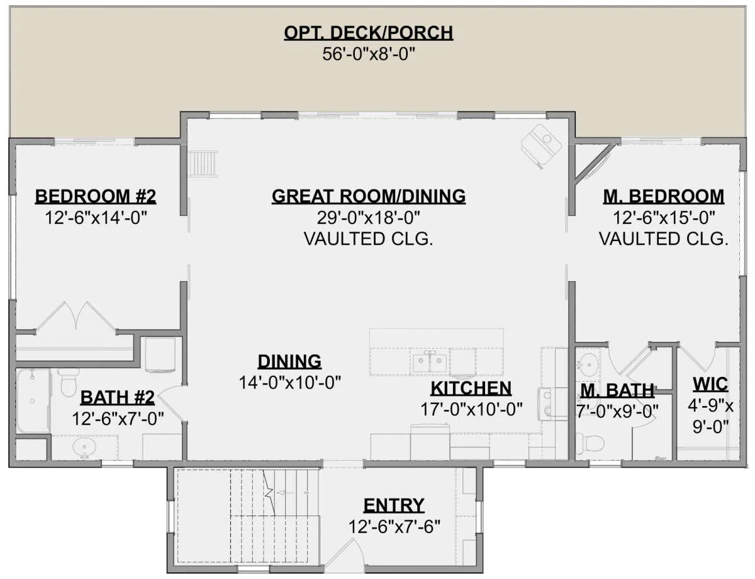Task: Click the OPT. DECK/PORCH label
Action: click(x=368, y=33)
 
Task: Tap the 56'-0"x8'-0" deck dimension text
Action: click(x=369, y=54)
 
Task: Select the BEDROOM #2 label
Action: click(x=96, y=196)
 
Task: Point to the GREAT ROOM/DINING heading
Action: click(x=369, y=196)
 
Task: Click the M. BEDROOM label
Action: click(x=664, y=196)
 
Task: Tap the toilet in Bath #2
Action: click(x=68, y=381)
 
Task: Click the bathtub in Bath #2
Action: click(x=33, y=401)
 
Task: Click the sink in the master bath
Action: click(x=588, y=364)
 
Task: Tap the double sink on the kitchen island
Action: click(x=430, y=363)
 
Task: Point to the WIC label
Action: click(x=710, y=385)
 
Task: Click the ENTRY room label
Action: click(x=394, y=505)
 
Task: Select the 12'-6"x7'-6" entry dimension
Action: click(x=394, y=527)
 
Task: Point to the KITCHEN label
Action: click(x=471, y=388)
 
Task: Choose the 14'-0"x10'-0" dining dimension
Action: click(x=290, y=383)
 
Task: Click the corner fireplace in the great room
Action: click(x=541, y=146)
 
